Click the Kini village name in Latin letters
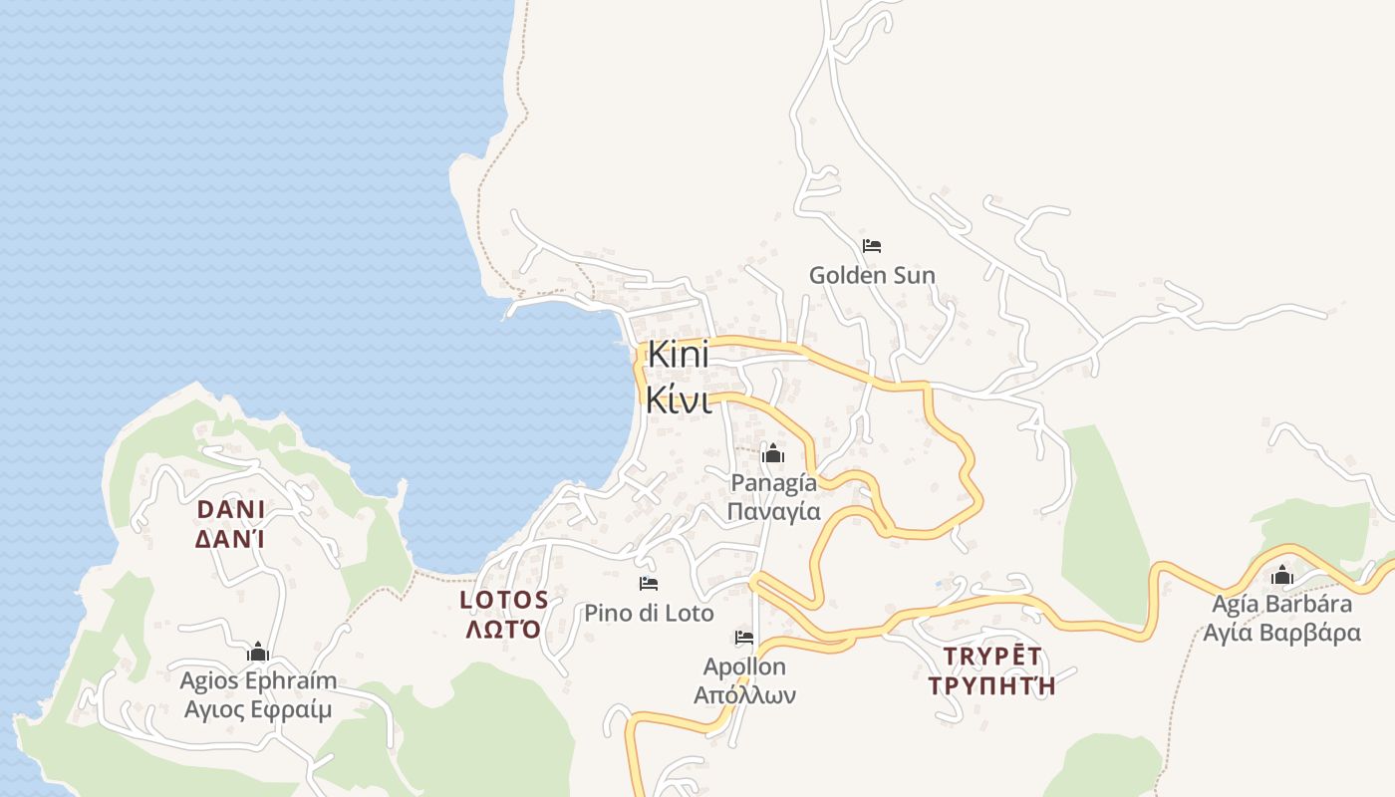[x=678, y=355]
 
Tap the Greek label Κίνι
[x=678, y=399]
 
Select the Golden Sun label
[x=872, y=275]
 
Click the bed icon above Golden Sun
[x=872, y=245]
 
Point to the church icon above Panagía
[x=772, y=454]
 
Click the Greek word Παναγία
[x=773, y=512]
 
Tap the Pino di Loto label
[x=649, y=613]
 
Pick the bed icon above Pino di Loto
[x=649, y=583]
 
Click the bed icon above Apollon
[x=743, y=638]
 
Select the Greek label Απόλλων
[x=744, y=695]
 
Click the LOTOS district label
[x=504, y=600]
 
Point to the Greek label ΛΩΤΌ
[x=504, y=630]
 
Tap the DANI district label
[x=231, y=510]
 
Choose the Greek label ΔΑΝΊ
[x=231, y=540]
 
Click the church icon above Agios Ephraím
[x=258, y=653]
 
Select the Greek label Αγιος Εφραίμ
[x=258, y=710]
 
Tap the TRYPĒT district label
[x=991, y=656]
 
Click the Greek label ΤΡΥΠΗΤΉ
[x=991, y=686]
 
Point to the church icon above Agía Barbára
[x=1281, y=576]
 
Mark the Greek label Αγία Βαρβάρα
[x=1281, y=634]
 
